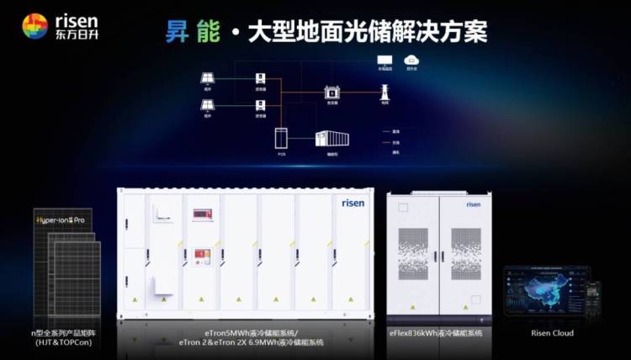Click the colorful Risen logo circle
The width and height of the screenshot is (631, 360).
pos(34,26)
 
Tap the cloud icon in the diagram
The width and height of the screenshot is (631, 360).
pos(411,60)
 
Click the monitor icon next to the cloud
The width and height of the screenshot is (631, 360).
pos(384,60)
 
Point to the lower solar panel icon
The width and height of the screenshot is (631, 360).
pos(207,105)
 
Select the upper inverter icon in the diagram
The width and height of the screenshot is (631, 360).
pos(261,79)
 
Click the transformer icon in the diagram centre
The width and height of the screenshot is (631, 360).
pos(331,93)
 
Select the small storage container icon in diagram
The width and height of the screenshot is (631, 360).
pos(331,140)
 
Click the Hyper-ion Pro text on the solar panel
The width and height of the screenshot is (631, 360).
pos(62,220)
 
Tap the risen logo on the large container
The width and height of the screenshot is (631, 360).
pos(353,203)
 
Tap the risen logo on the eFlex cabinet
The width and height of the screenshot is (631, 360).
pos(473,204)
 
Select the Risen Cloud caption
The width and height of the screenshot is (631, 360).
pos(553,333)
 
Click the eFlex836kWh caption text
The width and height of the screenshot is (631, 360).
pos(435,333)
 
